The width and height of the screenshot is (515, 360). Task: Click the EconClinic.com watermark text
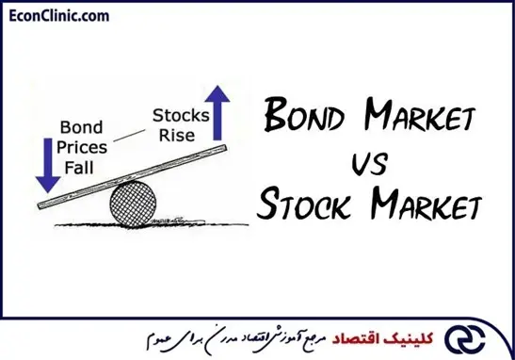(59, 16)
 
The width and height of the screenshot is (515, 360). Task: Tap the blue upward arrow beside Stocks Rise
(217, 113)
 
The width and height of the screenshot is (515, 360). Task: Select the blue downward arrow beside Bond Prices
(48, 165)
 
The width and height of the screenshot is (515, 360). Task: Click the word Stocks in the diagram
(181, 116)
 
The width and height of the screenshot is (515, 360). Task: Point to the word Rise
(177, 136)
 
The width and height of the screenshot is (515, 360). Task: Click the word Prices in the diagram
(82, 147)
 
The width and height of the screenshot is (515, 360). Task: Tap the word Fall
(79, 168)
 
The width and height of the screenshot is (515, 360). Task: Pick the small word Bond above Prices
(82, 127)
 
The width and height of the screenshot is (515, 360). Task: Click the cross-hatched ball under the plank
(133, 204)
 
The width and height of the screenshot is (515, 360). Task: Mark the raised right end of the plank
(225, 148)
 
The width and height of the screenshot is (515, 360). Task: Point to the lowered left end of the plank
(40, 205)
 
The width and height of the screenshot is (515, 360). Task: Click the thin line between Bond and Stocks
(129, 136)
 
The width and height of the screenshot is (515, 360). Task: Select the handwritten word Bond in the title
(304, 115)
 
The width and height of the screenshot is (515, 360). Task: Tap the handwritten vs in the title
(370, 164)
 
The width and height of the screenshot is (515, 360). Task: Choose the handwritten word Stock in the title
(302, 204)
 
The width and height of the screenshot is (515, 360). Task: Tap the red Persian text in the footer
(382, 338)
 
